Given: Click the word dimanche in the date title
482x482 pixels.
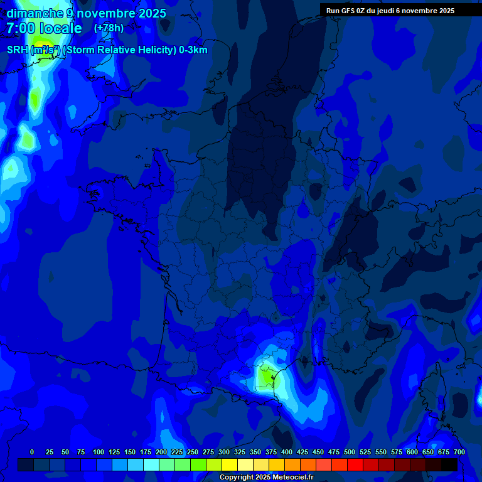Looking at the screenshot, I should pyautogui.click(x=34, y=13).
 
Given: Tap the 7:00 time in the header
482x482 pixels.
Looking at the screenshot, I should pyautogui.click(x=21, y=28).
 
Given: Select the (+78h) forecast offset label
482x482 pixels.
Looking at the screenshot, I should pyautogui.click(x=109, y=28).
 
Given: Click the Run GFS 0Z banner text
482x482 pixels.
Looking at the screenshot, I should pyautogui.click(x=350, y=11).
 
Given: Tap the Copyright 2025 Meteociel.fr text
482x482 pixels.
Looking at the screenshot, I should pyautogui.click(x=266, y=478).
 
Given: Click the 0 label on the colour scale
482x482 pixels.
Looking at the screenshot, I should pyautogui.click(x=32, y=452).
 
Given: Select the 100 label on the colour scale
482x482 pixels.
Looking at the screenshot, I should pyautogui.click(x=99, y=452).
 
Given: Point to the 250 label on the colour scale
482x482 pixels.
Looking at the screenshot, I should pyautogui.click(x=193, y=452).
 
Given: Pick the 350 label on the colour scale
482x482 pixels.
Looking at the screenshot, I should pyautogui.click(x=255, y=452).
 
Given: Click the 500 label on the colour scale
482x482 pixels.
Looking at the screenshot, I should pyautogui.click(x=350, y=452).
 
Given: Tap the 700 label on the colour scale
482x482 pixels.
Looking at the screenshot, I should pyautogui.click(x=459, y=452).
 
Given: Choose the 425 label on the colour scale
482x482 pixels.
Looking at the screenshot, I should pyautogui.click(x=303, y=452).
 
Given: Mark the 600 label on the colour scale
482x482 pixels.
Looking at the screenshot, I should pyautogui.click(x=412, y=452).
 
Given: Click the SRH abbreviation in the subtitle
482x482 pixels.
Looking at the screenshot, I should pyautogui.click(x=17, y=50).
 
